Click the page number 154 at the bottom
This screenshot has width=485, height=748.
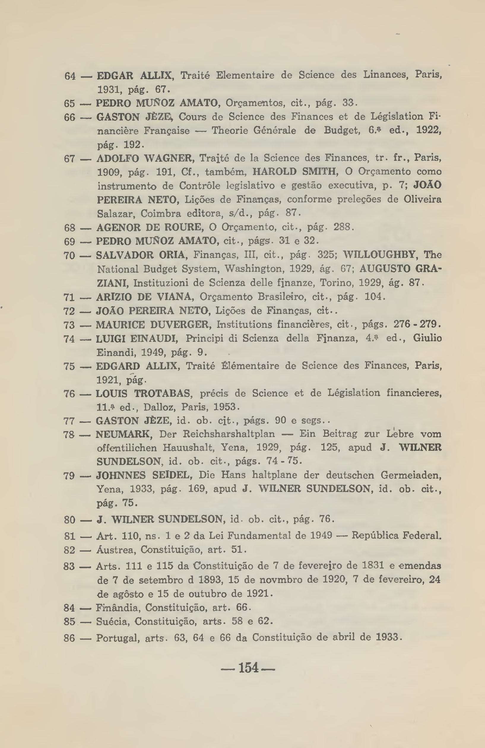[x=248, y=667]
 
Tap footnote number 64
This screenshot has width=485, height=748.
[x=70, y=76]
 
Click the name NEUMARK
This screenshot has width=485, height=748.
[x=124, y=434]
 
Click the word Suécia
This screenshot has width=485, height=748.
[x=112, y=621]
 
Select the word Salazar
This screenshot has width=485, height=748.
[x=116, y=214]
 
